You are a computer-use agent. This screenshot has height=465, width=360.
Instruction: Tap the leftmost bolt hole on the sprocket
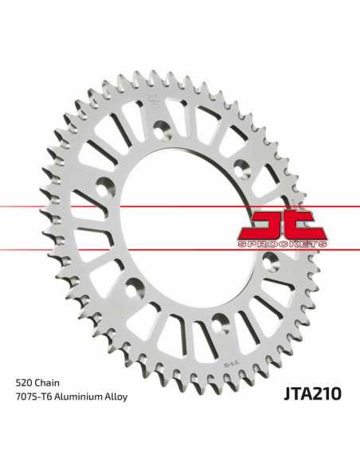103,189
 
